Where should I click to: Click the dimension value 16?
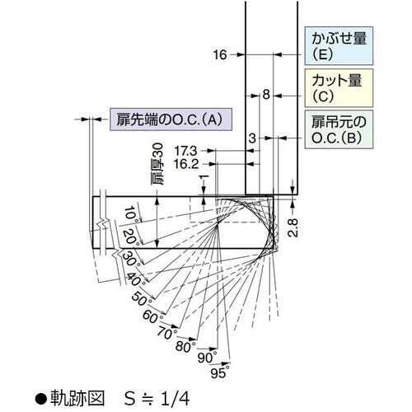click(219, 55)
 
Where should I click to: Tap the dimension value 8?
click(266, 96)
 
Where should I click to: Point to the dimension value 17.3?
click(187, 151)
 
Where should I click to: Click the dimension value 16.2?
click(187, 164)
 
